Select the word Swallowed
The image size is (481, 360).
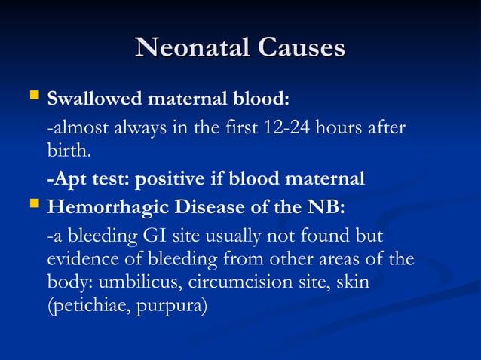pos(87,99)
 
